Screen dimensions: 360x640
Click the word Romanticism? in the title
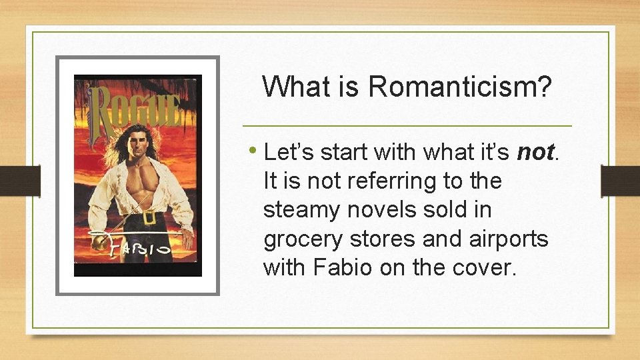tap(460, 86)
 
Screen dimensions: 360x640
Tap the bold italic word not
tap(535, 153)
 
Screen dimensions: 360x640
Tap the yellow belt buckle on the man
tap(149, 217)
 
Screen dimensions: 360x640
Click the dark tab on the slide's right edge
tap(620, 180)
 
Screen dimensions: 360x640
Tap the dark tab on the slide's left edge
tap(20, 180)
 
